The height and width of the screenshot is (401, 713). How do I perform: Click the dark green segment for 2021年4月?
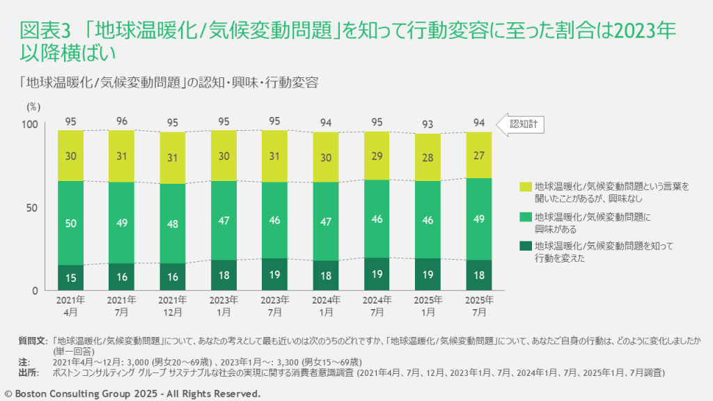coord(70,277)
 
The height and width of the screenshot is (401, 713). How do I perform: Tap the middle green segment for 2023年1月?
coord(224,220)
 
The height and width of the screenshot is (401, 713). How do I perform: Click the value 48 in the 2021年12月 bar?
coord(173,223)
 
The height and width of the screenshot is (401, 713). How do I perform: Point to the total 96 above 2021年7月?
coord(122,121)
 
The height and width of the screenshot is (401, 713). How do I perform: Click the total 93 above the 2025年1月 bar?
coord(428,124)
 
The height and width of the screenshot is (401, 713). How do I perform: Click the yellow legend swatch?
coord(525,187)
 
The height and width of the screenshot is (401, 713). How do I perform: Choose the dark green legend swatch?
coord(525,246)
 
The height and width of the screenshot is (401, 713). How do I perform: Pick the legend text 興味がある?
coord(555,228)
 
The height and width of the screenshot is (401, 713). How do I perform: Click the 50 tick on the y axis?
coord(38,207)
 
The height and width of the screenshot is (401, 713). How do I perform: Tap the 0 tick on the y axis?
coord(41,290)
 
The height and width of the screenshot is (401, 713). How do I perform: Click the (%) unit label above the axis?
coord(34,107)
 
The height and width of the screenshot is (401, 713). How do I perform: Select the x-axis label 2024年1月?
coord(326,306)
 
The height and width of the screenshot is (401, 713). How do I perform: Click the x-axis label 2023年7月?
coord(275,306)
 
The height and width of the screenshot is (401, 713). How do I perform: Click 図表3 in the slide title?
coord(42,31)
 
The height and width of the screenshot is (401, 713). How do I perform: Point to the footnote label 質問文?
coord(33,341)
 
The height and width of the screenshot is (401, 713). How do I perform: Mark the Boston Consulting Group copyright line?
coord(133,394)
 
